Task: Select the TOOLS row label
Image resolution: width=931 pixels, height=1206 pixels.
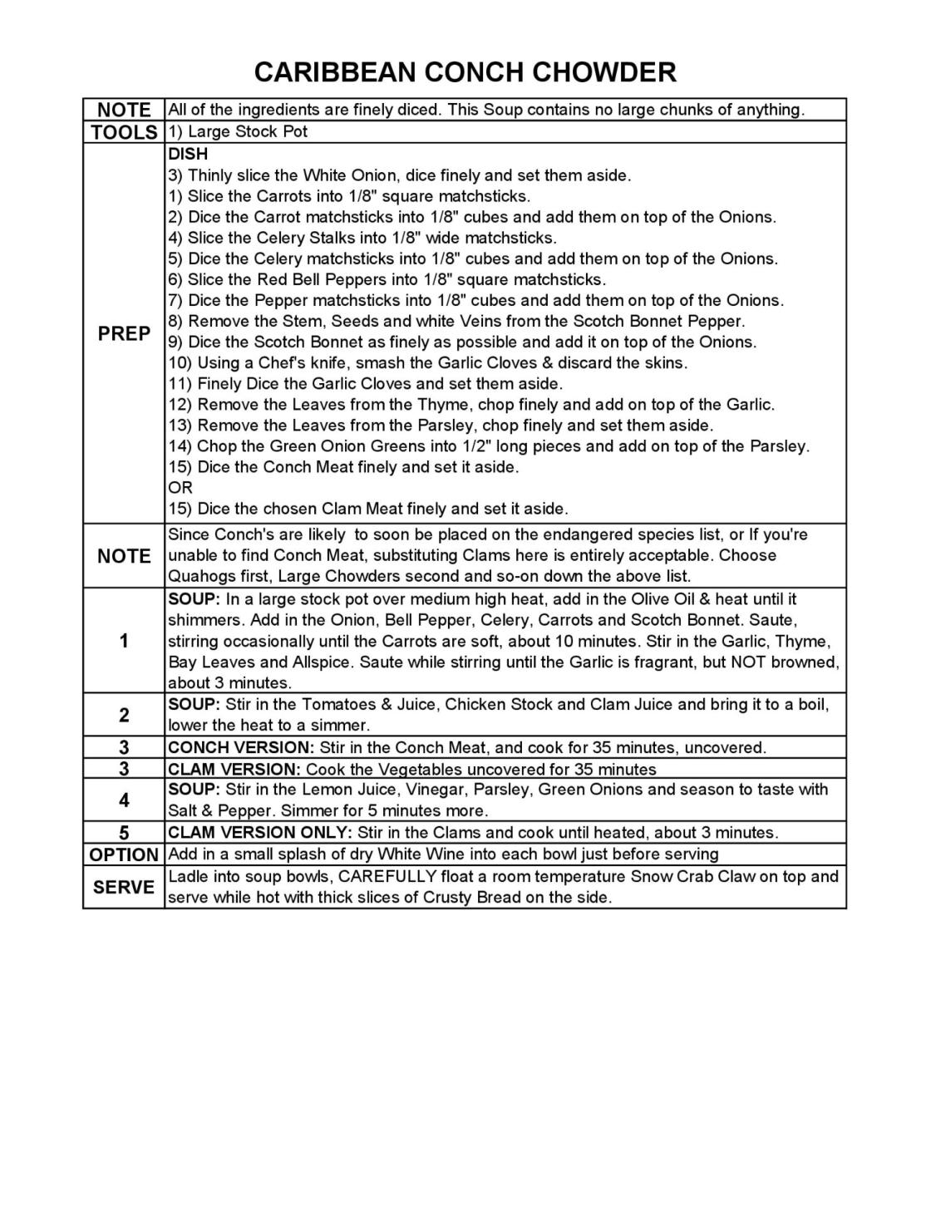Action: [124, 132]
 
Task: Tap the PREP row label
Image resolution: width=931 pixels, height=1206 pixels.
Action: [124, 333]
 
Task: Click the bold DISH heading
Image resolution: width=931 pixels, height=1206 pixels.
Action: [188, 154]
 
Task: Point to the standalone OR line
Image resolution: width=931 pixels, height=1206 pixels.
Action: [180, 488]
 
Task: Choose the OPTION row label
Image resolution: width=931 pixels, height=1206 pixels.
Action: [124, 854]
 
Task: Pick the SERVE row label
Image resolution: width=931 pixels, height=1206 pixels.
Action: [124, 887]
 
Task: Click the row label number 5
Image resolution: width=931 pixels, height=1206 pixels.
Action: [124, 833]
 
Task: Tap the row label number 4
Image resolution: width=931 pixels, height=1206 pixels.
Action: [124, 800]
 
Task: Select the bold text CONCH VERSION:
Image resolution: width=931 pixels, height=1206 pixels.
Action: [241, 747]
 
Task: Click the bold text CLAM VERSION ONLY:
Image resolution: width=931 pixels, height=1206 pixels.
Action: [260, 832]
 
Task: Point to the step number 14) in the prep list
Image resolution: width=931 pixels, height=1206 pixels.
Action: [180, 446]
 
